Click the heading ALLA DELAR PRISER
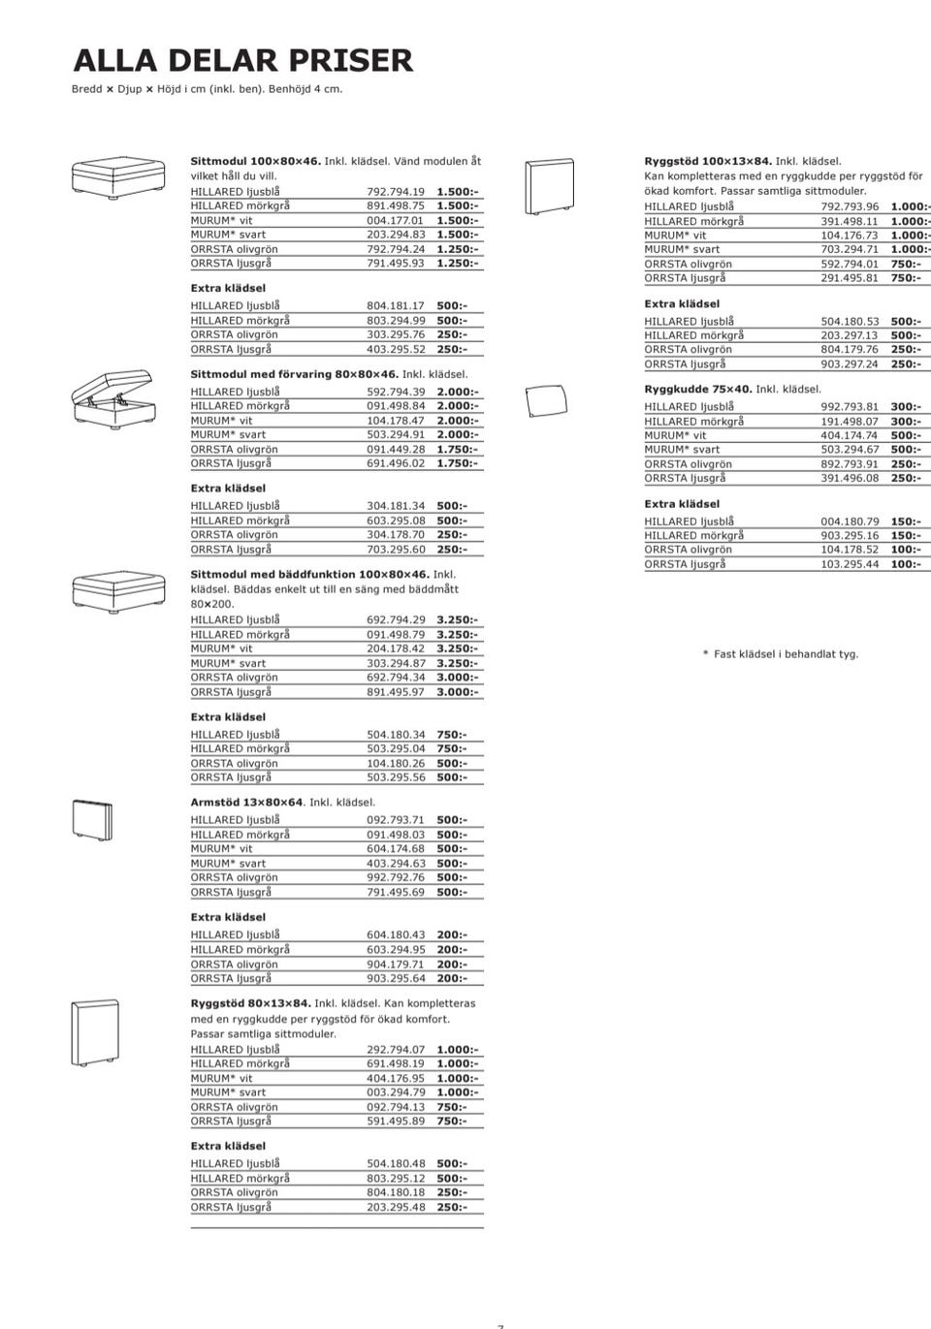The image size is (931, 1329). [x=242, y=61]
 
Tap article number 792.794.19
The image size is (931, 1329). [x=396, y=192]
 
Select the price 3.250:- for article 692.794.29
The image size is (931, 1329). [x=457, y=620]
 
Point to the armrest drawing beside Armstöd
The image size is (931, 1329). [x=93, y=821]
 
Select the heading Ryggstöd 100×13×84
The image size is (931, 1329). [x=708, y=161]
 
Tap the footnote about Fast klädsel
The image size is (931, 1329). [x=781, y=654]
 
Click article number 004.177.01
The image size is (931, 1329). [x=396, y=221]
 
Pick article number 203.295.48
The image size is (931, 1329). [x=396, y=1208]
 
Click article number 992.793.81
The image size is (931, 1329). [x=850, y=407]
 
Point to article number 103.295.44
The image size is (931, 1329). [x=850, y=564]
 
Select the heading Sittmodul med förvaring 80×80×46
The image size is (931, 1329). [x=294, y=374]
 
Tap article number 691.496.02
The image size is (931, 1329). [x=396, y=463]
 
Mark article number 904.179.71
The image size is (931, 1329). [x=396, y=965]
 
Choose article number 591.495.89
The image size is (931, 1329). [x=396, y=1122]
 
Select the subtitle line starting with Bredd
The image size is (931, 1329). [x=207, y=89]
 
